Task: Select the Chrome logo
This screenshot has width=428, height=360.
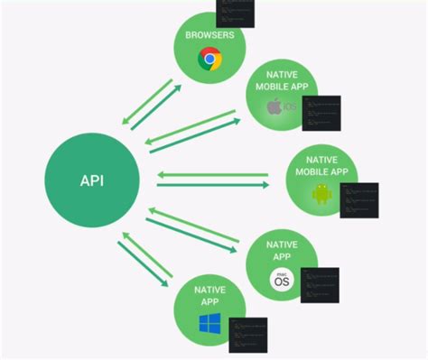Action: [x=210, y=60]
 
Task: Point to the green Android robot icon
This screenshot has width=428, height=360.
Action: [x=321, y=193]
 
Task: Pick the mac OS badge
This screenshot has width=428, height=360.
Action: [x=282, y=280]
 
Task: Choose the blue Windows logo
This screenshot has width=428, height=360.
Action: [x=209, y=322]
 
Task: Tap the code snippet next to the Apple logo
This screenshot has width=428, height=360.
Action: [x=321, y=114]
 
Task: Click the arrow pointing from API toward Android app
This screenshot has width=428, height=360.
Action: [x=212, y=186]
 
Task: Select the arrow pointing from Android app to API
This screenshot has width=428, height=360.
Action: [x=212, y=174]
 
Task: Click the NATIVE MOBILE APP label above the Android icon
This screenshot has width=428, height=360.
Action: [x=321, y=163]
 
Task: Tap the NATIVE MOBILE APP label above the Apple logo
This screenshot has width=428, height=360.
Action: [x=282, y=82]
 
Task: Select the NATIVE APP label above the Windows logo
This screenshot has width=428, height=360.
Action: [x=209, y=295]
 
